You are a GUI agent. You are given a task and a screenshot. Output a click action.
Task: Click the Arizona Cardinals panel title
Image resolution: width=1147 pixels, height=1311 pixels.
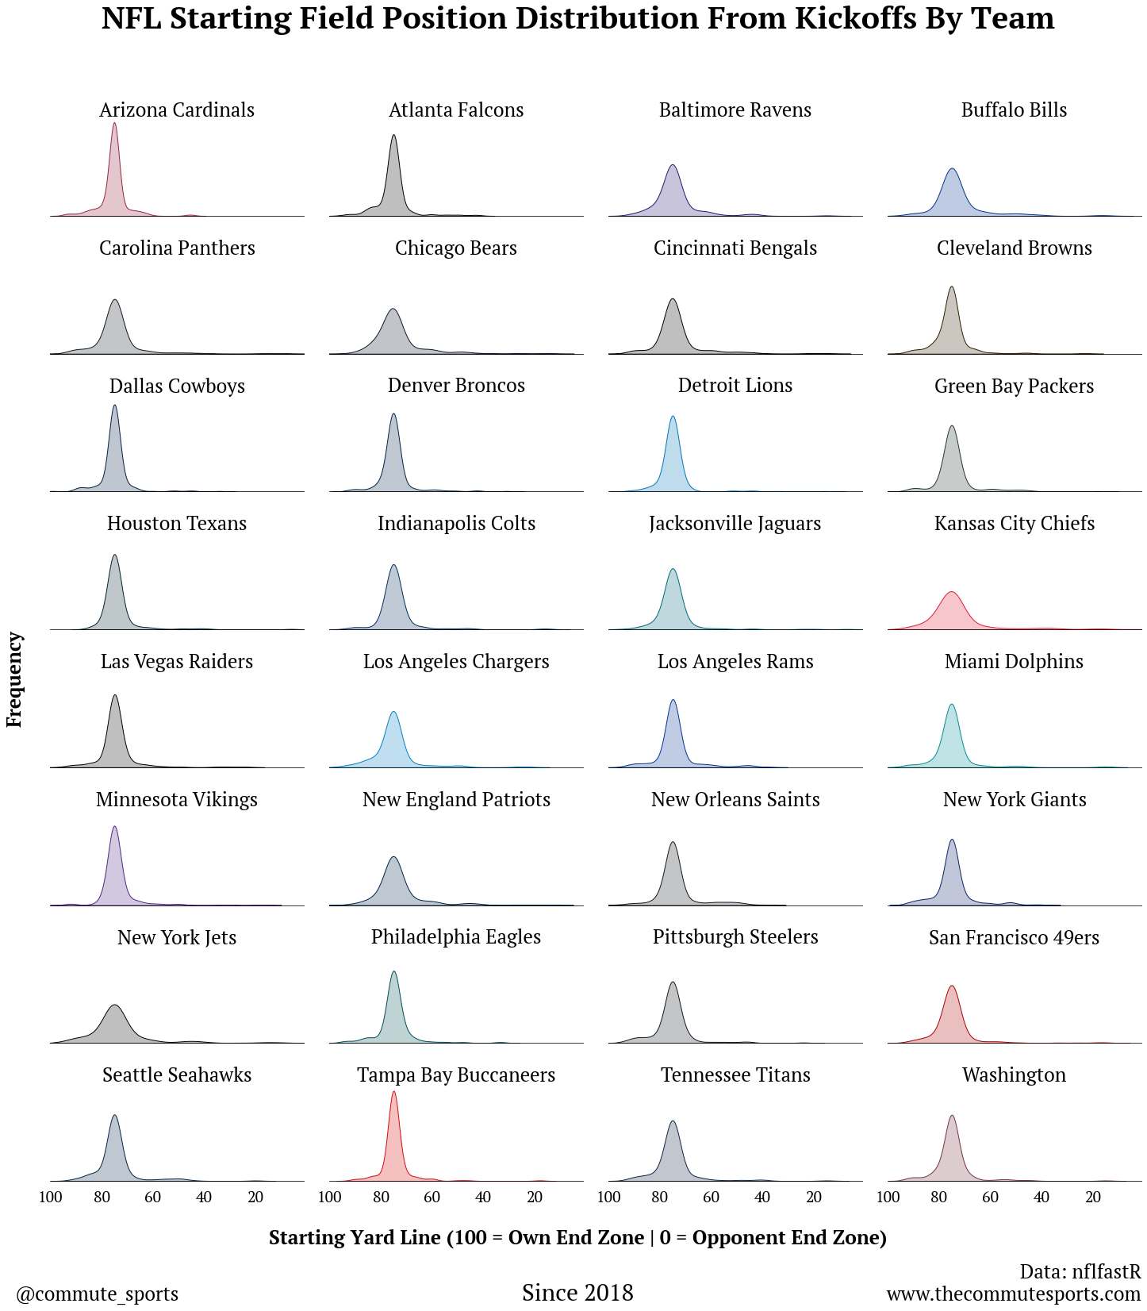click(177, 110)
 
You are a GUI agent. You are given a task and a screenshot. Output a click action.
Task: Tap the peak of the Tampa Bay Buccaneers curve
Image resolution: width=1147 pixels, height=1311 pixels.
click(393, 1092)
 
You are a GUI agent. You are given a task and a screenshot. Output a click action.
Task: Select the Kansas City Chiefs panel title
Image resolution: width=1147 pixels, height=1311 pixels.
click(1014, 524)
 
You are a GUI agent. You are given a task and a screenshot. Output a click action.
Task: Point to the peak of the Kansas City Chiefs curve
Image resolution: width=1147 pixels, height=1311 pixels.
click(951, 592)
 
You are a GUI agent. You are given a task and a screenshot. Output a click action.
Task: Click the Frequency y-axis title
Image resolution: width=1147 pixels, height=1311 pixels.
click(14, 679)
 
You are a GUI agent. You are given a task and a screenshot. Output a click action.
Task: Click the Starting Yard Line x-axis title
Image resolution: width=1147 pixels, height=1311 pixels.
click(577, 1237)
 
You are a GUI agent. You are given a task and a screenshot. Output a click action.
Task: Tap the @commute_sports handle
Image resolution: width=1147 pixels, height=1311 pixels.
click(98, 1294)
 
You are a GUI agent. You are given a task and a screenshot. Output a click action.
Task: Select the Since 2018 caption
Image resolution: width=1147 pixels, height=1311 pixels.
click(577, 1293)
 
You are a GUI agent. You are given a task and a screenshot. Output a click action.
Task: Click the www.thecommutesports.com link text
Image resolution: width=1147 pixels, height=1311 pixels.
click(1013, 1294)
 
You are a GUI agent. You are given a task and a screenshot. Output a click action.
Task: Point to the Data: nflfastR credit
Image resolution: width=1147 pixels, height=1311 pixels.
click(1080, 1271)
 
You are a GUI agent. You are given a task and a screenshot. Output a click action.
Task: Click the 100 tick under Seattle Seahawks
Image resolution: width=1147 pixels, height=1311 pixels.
click(51, 1197)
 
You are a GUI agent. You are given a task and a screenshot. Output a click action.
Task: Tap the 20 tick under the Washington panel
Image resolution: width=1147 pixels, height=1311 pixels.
click(1092, 1197)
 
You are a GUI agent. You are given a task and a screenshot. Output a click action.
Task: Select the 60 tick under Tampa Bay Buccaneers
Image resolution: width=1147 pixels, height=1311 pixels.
click(432, 1197)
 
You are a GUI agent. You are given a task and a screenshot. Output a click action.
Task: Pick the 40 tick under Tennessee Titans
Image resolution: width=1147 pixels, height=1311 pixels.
click(762, 1197)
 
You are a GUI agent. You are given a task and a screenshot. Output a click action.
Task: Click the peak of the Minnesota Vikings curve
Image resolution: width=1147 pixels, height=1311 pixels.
click(115, 827)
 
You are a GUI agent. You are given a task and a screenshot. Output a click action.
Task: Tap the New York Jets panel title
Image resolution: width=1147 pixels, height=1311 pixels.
click(177, 937)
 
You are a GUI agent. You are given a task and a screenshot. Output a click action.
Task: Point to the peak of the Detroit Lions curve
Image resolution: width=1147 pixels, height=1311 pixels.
click(673, 417)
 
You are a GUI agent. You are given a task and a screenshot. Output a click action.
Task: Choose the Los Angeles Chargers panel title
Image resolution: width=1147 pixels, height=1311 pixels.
click(456, 662)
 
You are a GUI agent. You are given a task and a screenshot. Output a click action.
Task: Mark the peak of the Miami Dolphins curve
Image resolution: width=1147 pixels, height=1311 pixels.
click(951, 705)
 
